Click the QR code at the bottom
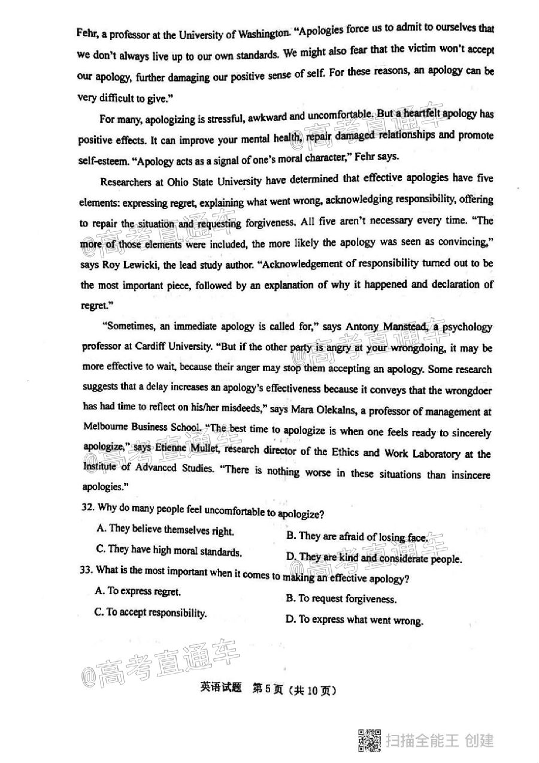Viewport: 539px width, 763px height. (x=370, y=740)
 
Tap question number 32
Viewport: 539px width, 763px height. (x=87, y=508)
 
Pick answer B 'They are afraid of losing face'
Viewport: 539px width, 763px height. (x=357, y=537)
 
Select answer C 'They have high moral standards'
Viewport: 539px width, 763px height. (x=168, y=551)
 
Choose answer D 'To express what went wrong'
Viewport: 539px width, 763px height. (x=355, y=620)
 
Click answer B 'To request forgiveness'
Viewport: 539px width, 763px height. (x=341, y=598)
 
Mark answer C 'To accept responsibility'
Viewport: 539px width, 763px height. (x=150, y=613)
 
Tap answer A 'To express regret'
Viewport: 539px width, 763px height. (x=138, y=591)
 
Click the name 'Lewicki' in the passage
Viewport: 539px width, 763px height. (x=142, y=264)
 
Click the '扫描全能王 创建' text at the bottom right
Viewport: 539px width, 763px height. (x=440, y=741)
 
